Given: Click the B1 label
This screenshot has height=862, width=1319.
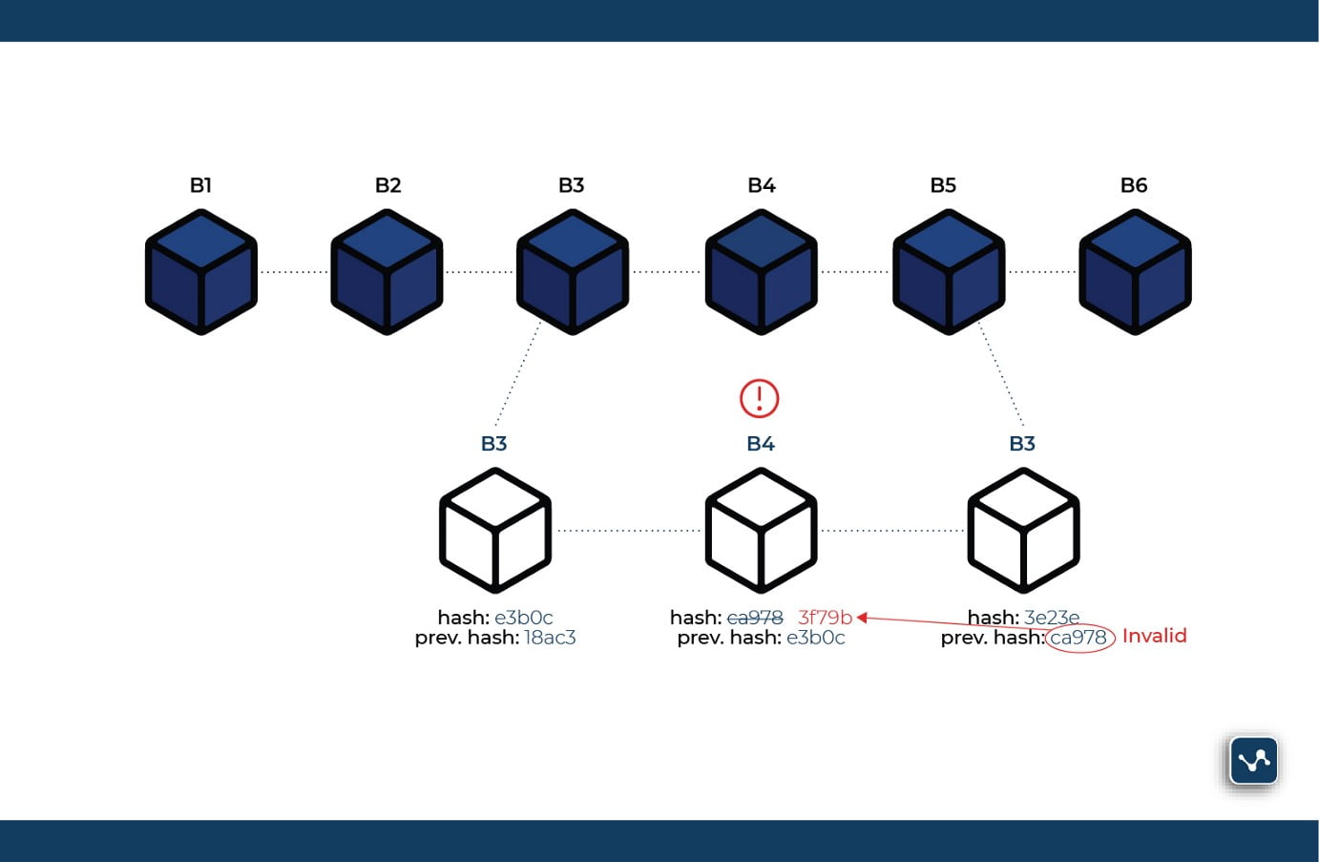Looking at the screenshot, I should pyautogui.click(x=200, y=185).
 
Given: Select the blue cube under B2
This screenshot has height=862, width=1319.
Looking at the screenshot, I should pyautogui.click(x=387, y=273).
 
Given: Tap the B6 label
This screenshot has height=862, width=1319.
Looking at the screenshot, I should pyautogui.click(x=1134, y=185).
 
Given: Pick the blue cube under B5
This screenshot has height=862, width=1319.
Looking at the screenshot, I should pyautogui.click(x=948, y=273).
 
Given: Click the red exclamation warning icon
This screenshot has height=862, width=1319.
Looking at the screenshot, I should pyautogui.click(x=760, y=398).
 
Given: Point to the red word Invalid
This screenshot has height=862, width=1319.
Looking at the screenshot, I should pyautogui.click(x=1154, y=636).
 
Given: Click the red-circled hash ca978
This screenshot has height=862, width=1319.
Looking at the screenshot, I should pyautogui.click(x=1079, y=638).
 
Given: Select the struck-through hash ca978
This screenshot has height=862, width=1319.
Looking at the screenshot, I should pyautogui.click(x=755, y=618).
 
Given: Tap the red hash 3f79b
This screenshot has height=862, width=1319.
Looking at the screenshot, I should pyautogui.click(x=825, y=618).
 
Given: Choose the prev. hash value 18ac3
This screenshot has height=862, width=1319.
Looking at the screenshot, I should pyautogui.click(x=550, y=638).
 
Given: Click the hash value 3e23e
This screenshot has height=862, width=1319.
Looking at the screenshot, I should pyautogui.click(x=1052, y=618).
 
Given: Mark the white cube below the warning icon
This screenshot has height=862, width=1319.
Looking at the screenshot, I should pyautogui.click(x=761, y=530).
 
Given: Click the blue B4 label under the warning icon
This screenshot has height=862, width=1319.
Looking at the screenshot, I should pyautogui.click(x=761, y=444).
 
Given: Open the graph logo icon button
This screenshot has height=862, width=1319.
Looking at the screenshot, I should pyautogui.click(x=1253, y=761).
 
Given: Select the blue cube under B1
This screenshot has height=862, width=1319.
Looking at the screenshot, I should pyautogui.click(x=201, y=273).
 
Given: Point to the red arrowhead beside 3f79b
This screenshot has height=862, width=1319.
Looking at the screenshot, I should pyautogui.click(x=861, y=618).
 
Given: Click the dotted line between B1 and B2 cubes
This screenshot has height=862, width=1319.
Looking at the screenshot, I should pyautogui.click(x=294, y=272).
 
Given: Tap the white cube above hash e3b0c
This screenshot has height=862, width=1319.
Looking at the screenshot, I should pyautogui.click(x=495, y=530).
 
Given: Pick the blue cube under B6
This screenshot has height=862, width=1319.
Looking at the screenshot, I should pyautogui.click(x=1135, y=273).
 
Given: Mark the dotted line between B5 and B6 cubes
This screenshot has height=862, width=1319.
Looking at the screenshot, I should pyautogui.click(x=1041, y=272).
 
